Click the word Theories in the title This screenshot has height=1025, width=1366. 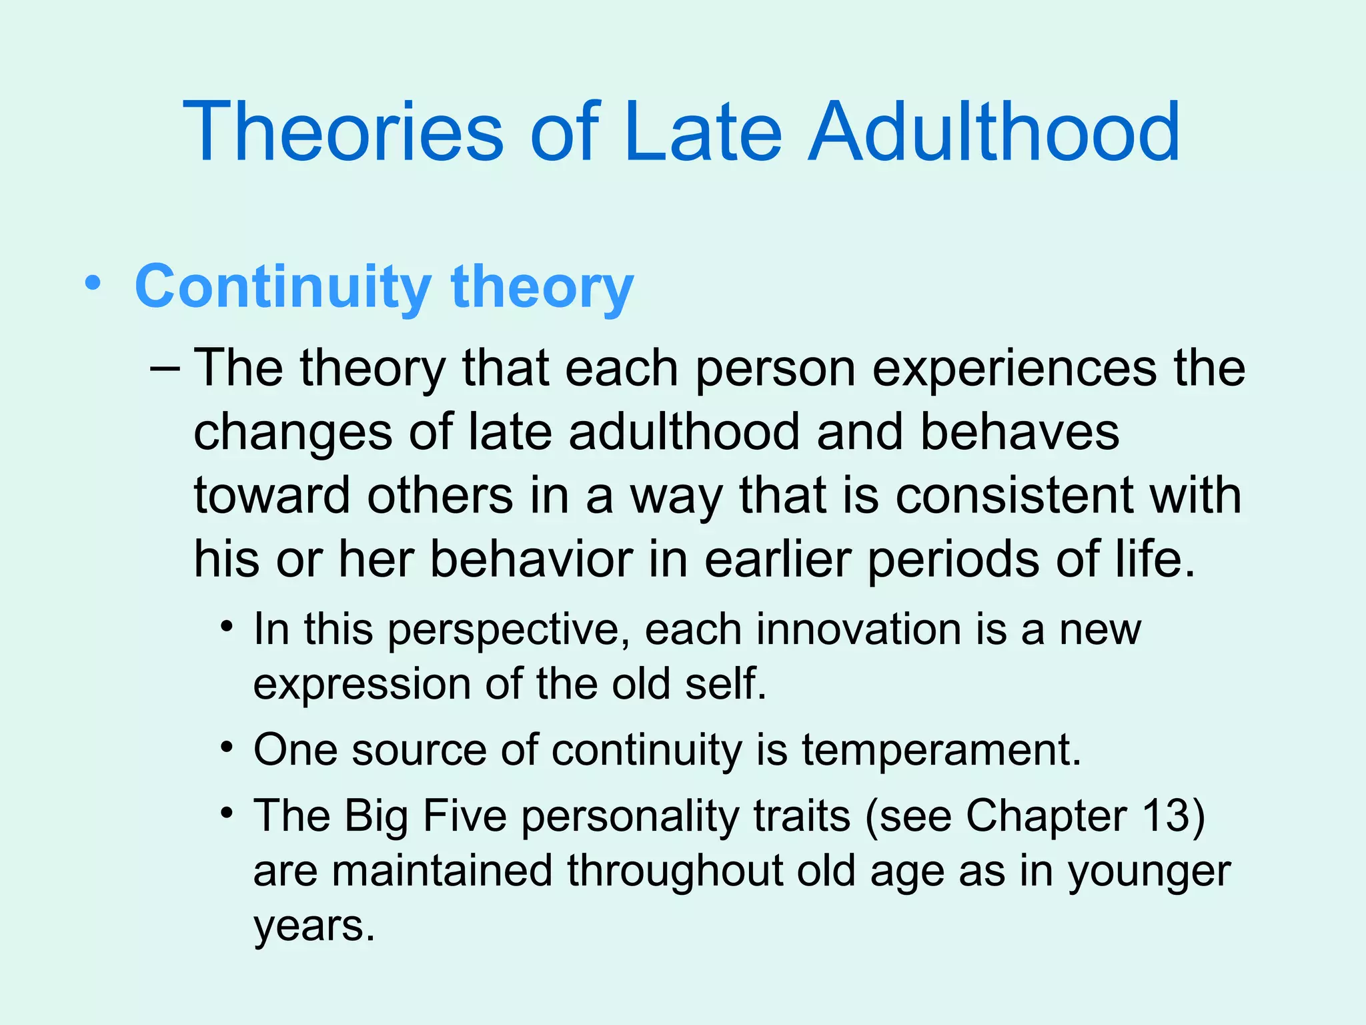click(343, 131)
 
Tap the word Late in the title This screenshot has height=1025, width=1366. click(703, 131)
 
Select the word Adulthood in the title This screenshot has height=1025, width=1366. click(994, 131)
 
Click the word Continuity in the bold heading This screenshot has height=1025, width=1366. click(283, 286)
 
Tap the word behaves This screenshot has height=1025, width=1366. click(1020, 432)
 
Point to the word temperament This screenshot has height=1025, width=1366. click(940, 751)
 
